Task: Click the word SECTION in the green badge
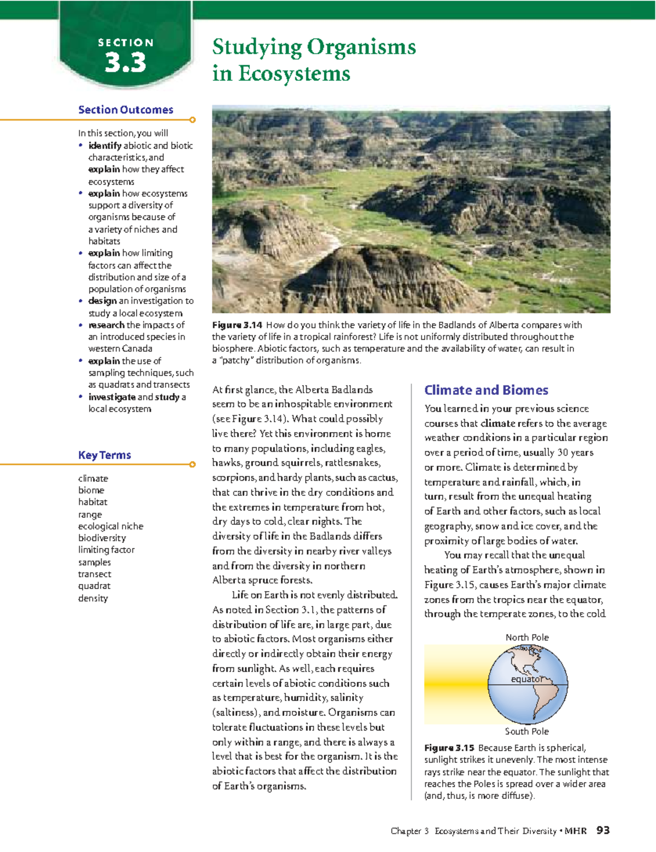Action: [126, 43]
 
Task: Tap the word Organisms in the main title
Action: [361, 47]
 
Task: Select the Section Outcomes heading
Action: [126, 110]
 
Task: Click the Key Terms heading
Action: [104, 455]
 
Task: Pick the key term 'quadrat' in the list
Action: [94, 586]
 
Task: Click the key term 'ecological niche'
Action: [110, 526]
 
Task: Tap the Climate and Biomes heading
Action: [486, 390]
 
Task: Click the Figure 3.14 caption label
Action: [237, 325]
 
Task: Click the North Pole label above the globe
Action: [527, 637]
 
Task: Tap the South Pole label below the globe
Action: [526, 731]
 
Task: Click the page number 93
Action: [603, 831]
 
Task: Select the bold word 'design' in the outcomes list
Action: [102, 301]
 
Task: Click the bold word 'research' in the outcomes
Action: [106, 325]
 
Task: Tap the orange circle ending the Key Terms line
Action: [192, 465]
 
